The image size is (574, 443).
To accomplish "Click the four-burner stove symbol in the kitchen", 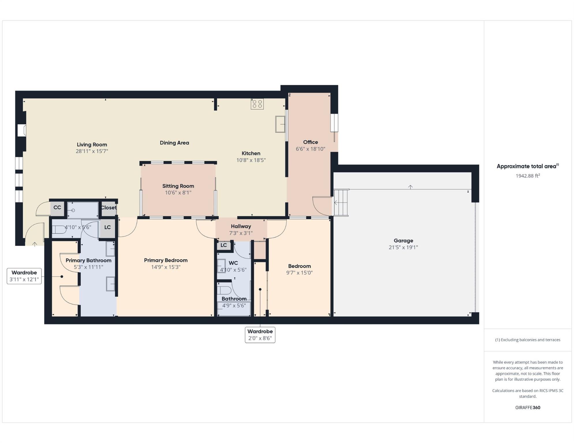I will click(x=257, y=104).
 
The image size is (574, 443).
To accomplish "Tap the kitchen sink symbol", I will click(x=280, y=124).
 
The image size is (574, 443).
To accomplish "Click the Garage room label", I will click(x=403, y=241).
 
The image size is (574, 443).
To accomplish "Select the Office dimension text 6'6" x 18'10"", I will click(x=310, y=149).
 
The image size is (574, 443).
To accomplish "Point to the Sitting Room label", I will click(x=178, y=186).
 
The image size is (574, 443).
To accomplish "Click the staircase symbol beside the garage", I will click(x=341, y=202).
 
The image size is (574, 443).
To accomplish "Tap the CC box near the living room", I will click(x=57, y=208).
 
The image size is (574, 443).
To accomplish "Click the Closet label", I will click(x=109, y=208).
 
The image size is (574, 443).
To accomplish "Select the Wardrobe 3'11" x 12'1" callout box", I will click(x=24, y=276).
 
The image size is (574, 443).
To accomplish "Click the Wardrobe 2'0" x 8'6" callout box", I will click(x=260, y=335).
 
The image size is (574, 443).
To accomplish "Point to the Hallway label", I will click(x=241, y=226).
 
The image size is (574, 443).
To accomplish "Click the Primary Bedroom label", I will click(x=166, y=260).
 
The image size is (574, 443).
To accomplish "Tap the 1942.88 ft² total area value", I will click(x=528, y=176).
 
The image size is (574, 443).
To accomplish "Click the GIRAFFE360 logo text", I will click(x=528, y=408).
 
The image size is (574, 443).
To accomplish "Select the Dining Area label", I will click(x=174, y=143).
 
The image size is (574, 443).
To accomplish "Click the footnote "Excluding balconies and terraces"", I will click(x=528, y=340).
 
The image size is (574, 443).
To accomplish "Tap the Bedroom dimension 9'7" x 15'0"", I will click(x=299, y=273).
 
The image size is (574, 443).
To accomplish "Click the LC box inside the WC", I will click(x=224, y=245).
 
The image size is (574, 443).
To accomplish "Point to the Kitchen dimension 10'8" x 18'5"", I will click(x=251, y=160).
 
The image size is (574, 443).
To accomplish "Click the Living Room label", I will click(x=92, y=144).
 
